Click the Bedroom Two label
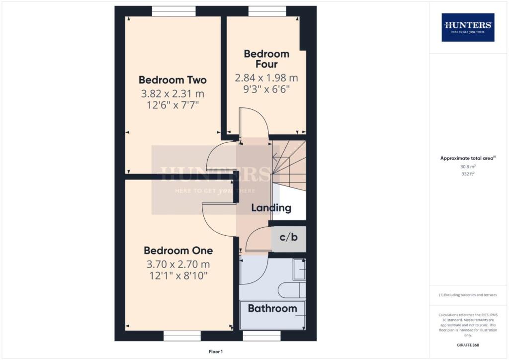pyautogui.click(x=172, y=80)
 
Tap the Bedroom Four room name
pyautogui.click(x=266, y=59)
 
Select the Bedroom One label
pyautogui.click(x=178, y=251)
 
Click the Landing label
pyautogui.click(x=271, y=208)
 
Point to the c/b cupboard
pyautogui.click(x=289, y=238)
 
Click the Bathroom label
pyautogui.click(x=272, y=308)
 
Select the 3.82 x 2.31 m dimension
pyautogui.click(x=172, y=94)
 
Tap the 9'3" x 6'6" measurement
pyautogui.click(x=266, y=89)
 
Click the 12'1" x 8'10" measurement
pyautogui.click(x=178, y=275)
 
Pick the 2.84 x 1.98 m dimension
pyautogui.click(x=266, y=78)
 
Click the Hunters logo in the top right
pyautogui.click(x=468, y=27)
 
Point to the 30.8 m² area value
pyautogui.click(x=468, y=167)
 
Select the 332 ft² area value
pyautogui.click(x=468, y=174)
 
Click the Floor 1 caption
pyautogui.click(x=216, y=352)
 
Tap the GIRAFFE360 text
pyautogui.click(x=468, y=345)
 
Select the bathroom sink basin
pyautogui.click(x=299, y=269)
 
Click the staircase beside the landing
pyautogui.click(x=289, y=166)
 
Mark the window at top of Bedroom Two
pyautogui.click(x=174, y=11)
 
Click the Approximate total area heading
pyautogui.click(x=468, y=159)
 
